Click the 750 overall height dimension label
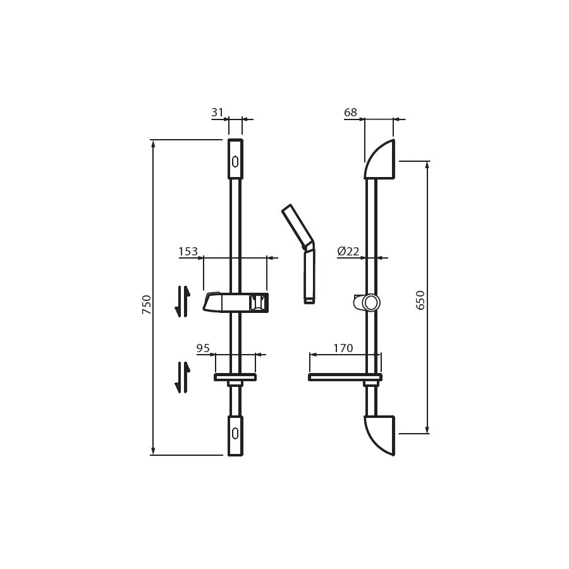(146, 305)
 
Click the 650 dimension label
(420, 300)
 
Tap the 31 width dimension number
(217, 113)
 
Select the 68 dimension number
(350, 113)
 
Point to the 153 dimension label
(188, 251)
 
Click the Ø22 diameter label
(348, 251)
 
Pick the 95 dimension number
(203, 348)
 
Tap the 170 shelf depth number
(343, 348)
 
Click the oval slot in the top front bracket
(235, 161)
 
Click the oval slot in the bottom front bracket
(235, 433)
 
